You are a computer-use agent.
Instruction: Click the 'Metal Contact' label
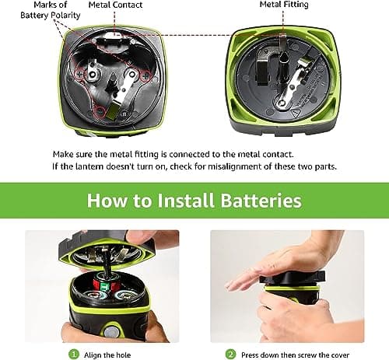click(114, 5)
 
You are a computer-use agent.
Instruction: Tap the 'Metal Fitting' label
click(285, 5)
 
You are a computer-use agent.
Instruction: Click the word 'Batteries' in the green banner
click(261, 201)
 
